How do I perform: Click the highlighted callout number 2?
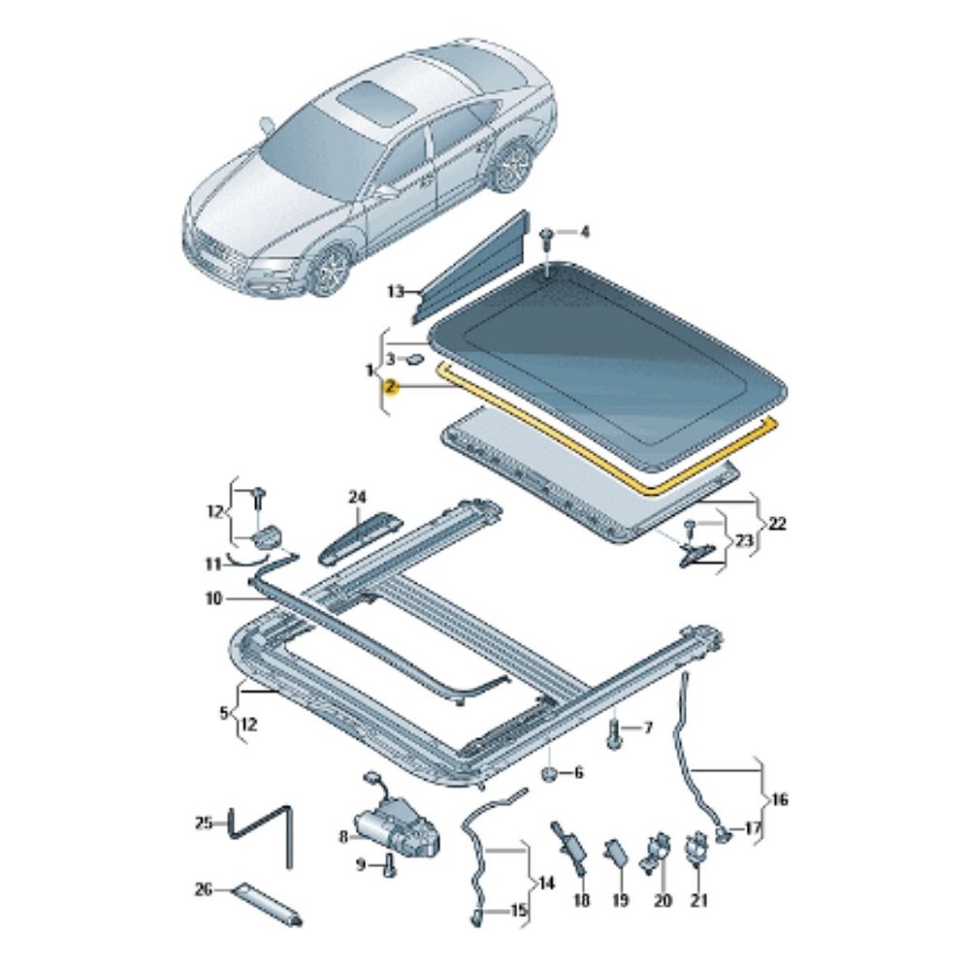click(x=390, y=388)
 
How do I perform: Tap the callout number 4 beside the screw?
click(x=584, y=232)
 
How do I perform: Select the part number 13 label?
click(x=396, y=290)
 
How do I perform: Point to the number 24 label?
click(x=358, y=497)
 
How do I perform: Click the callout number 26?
click(x=204, y=889)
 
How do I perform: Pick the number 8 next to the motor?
click(x=344, y=837)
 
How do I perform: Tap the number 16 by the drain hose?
click(x=780, y=799)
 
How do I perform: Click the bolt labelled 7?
click(x=614, y=733)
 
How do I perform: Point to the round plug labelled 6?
click(x=550, y=773)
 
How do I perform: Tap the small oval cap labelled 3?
click(x=414, y=358)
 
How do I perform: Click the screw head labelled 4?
click(x=547, y=235)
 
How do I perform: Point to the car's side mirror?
click(x=268, y=125)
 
